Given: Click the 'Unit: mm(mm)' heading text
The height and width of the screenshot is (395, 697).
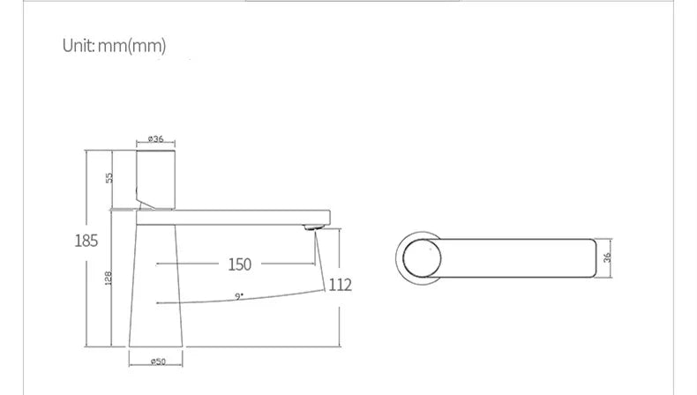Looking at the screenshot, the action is tap(114, 45).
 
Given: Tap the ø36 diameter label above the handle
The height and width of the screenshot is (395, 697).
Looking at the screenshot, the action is tap(155, 138).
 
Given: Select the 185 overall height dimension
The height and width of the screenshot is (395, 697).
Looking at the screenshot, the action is tap(86, 241).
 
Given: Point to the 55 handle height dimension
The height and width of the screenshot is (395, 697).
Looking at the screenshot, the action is tap(109, 178).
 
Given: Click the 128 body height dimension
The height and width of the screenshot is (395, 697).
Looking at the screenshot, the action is tap(108, 278).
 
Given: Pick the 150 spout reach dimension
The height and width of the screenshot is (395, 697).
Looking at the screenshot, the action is tap(240, 265).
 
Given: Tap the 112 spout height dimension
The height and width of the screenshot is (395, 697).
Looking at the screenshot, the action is tap(340, 285).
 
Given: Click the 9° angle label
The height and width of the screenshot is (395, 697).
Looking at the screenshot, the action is tap(239, 296).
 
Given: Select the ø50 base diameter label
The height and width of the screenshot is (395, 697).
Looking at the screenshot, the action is tap(158, 361).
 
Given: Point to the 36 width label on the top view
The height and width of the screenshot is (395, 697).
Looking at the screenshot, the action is tap(607, 257).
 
